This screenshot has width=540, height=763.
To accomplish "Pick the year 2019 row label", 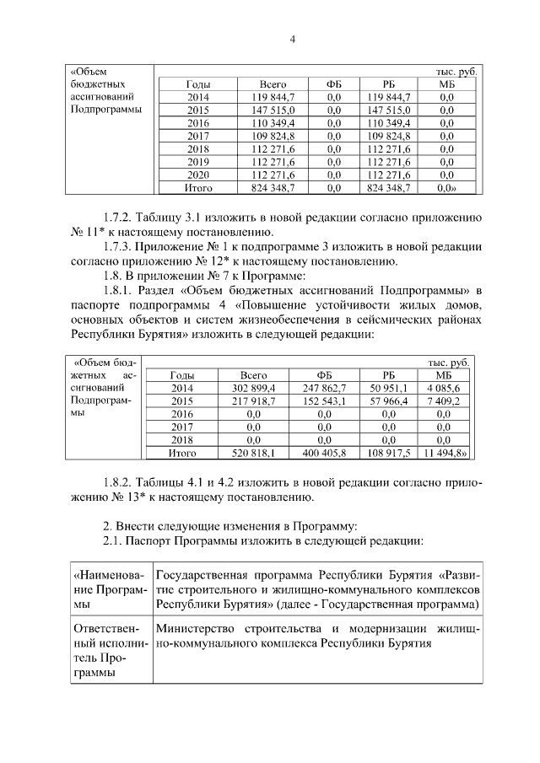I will (198, 161).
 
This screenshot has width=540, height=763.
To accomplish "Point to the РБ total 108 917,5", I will (389, 453).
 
